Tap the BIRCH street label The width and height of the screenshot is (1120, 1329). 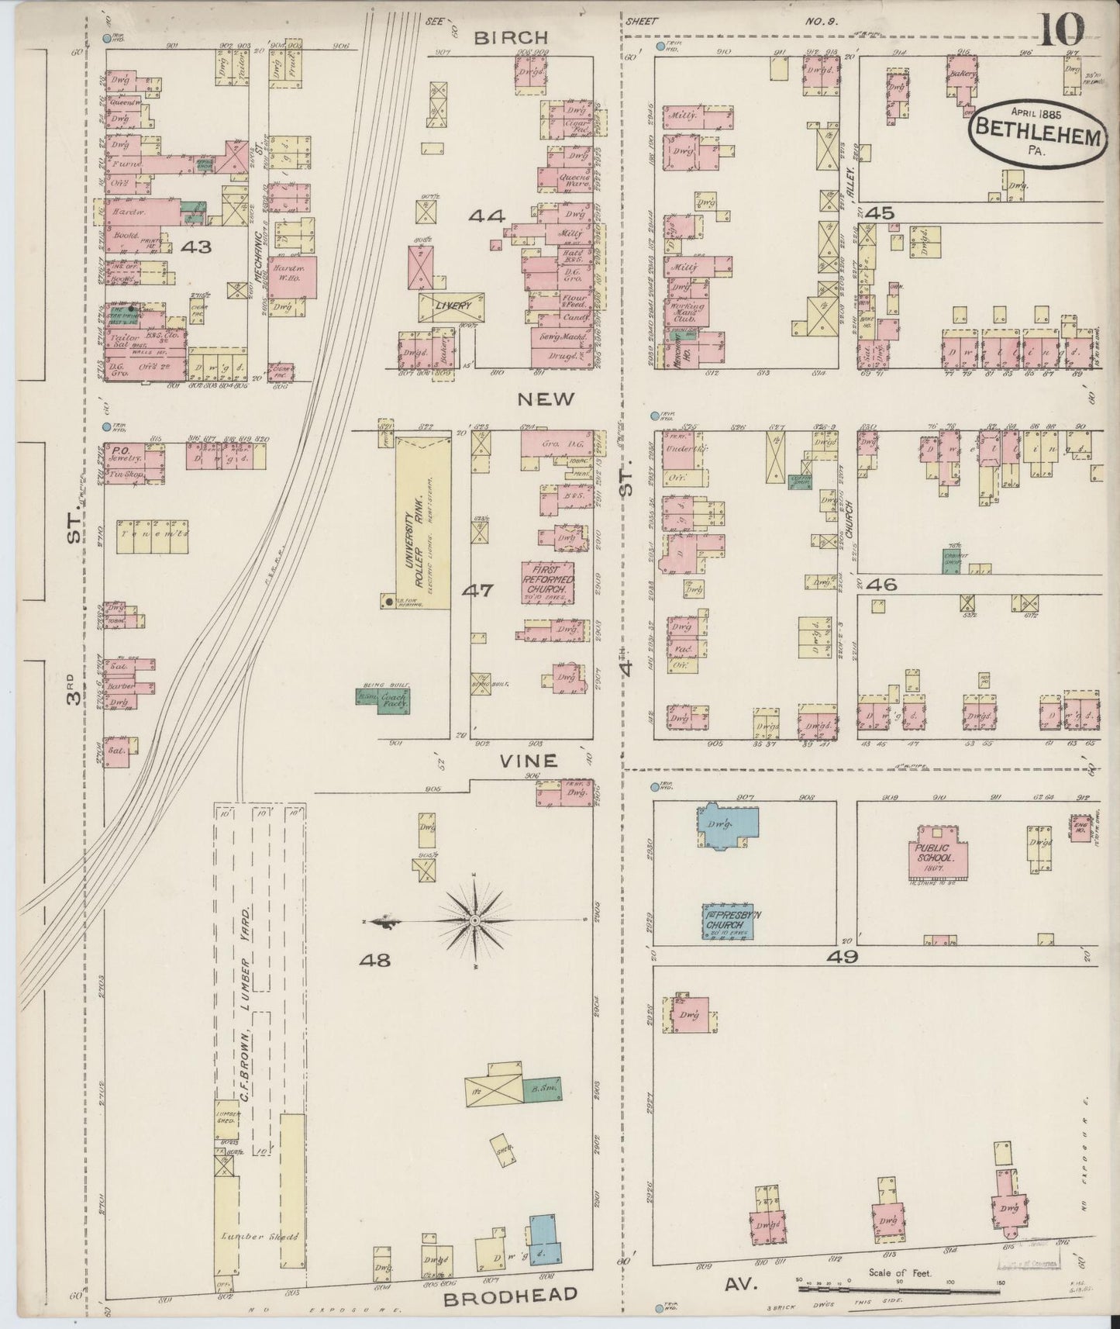pos(512,37)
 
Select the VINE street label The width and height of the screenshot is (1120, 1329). pos(528,761)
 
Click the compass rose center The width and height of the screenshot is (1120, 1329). pos(474,920)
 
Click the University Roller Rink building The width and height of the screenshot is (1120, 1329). pos(423,522)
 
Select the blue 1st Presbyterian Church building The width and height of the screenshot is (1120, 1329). pos(729,921)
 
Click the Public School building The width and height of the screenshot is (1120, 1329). pos(937,854)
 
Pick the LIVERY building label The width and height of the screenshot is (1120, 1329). pos(453,306)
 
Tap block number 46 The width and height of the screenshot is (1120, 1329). pos(882,584)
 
